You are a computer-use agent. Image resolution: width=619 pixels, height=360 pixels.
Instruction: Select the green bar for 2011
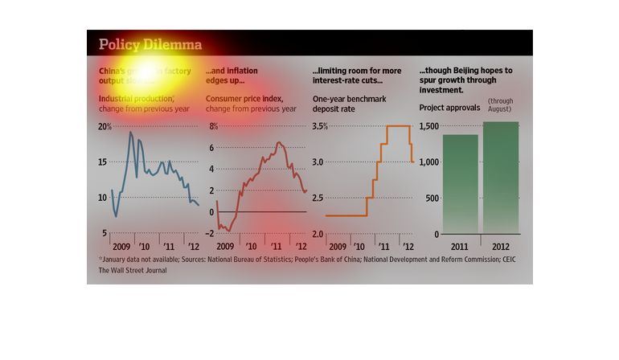(461, 184)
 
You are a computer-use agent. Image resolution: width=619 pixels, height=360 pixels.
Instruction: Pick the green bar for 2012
(501, 178)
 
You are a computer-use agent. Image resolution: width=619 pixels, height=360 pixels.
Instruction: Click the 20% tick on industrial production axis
(105, 127)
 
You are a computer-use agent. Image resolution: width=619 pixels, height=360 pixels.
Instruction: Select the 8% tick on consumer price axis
(213, 127)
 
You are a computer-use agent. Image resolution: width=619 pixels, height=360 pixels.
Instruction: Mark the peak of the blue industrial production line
(131, 132)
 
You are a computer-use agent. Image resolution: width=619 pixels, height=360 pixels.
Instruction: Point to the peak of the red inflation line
(278, 142)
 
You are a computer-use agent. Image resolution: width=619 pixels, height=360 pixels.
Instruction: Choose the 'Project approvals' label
(449, 107)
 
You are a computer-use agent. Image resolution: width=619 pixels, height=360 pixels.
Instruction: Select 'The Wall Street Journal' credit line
(134, 271)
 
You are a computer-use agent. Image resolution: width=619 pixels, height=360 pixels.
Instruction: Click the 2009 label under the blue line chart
(121, 246)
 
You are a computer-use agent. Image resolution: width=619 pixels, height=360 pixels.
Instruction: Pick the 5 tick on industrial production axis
(106, 234)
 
